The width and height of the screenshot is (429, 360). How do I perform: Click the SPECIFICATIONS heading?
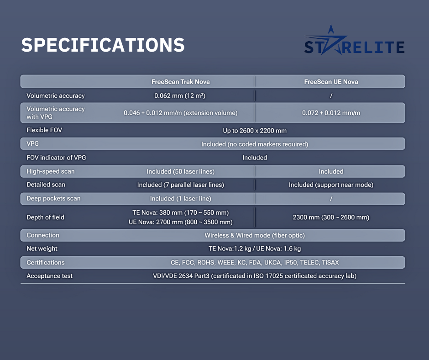tap(103, 45)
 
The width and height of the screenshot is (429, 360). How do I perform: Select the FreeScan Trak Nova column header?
tap(181, 82)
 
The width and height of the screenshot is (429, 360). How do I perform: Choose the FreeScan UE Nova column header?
tap(331, 82)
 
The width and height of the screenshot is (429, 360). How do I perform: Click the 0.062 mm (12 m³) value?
tap(180, 95)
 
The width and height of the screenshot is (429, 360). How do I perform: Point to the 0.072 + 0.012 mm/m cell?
tap(331, 113)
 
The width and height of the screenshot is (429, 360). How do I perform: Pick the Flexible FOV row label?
tap(44, 130)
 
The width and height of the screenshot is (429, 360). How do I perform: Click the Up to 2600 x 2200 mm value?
tap(255, 131)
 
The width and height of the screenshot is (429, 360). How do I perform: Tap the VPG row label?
tap(32, 143)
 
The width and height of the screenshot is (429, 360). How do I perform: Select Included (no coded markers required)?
tap(255, 144)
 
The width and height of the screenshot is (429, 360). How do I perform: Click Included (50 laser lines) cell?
tap(181, 171)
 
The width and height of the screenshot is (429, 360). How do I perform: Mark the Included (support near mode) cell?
tap(331, 185)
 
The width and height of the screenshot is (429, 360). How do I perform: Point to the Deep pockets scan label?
tap(54, 198)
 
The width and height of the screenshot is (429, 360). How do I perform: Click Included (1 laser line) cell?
tap(181, 199)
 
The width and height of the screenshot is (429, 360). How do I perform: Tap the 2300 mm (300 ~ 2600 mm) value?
tap(331, 217)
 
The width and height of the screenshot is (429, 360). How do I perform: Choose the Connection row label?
tap(43, 235)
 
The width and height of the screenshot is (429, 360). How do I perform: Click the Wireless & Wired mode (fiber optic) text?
tap(255, 235)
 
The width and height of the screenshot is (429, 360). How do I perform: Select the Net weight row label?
tap(42, 249)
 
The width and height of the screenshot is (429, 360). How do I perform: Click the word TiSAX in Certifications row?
tap(330, 263)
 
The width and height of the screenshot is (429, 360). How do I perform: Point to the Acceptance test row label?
tap(50, 276)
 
